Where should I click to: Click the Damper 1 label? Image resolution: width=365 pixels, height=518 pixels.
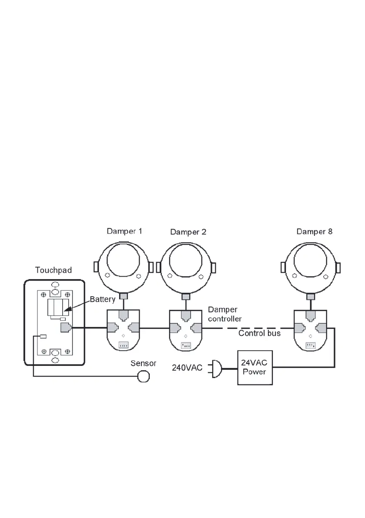[124, 231]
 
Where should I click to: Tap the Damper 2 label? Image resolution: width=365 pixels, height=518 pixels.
[188, 232]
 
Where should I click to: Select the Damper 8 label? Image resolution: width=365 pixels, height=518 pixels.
[314, 231]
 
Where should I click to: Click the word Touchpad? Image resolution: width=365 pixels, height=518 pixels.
[54, 271]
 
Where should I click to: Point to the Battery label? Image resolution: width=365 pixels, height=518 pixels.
[103, 299]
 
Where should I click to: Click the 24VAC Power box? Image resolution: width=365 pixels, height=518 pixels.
[255, 368]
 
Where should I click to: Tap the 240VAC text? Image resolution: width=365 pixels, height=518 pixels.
[187, 368]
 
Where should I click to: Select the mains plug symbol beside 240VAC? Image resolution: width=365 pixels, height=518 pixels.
[216, 368]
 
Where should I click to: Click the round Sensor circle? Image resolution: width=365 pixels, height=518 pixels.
[143, 377]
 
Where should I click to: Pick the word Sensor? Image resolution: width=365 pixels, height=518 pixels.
[143, 363]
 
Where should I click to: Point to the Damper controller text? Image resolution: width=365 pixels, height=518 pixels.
[224, 314]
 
